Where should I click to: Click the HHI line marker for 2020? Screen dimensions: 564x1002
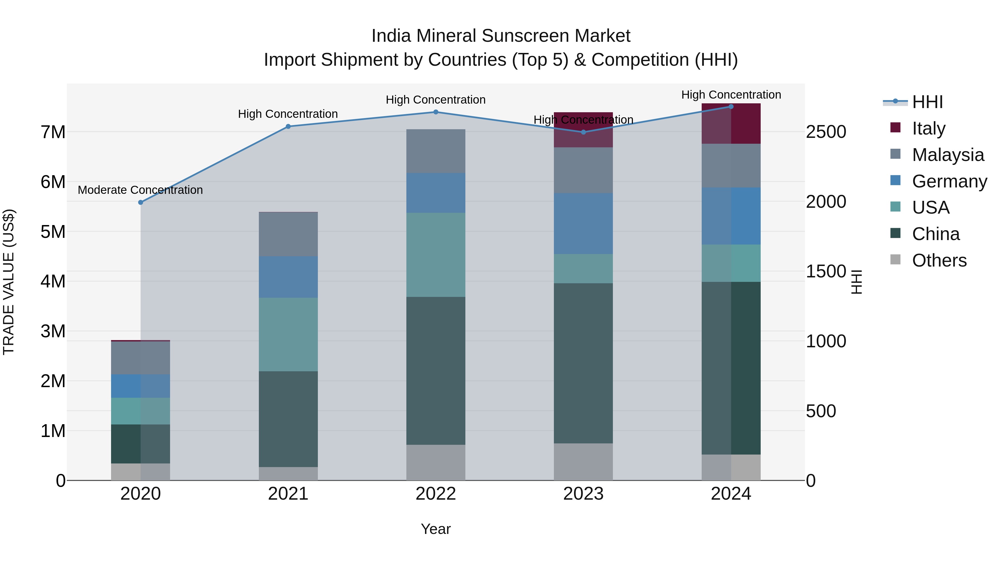[141, 202]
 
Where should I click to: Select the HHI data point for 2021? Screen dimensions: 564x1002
[288, 126]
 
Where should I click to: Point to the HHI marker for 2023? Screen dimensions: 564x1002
[583, 132]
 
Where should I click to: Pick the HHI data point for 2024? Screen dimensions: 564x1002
[731, 107]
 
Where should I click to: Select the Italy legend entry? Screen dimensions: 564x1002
[929, 128]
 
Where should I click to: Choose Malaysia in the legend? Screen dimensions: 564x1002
[948, 155]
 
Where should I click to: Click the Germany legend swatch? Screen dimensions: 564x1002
[895, 180]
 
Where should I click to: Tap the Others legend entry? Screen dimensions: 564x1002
[939, 260]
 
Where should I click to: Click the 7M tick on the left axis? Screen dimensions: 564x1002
[53, 132]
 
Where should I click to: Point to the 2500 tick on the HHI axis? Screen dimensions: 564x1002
[826, 132]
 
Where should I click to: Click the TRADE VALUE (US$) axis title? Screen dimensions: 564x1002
[9, 282]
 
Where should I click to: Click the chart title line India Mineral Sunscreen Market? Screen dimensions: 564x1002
[501, 36]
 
